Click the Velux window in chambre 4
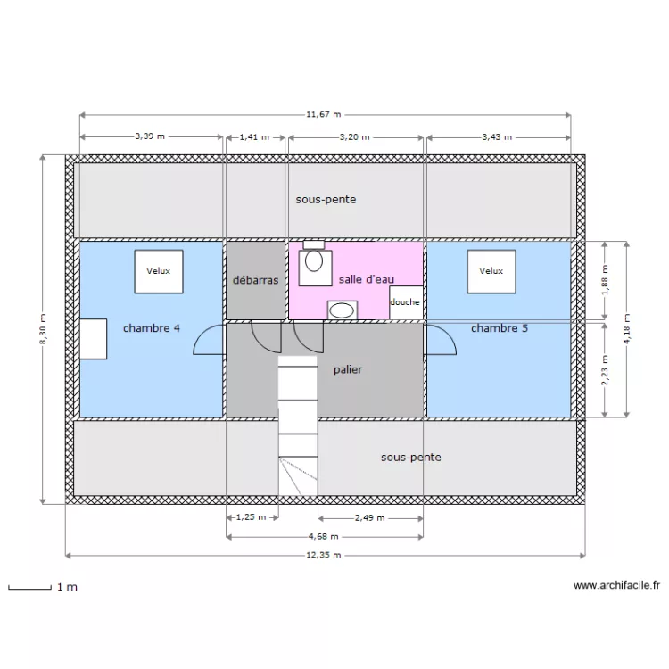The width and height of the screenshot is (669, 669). pos(159,271)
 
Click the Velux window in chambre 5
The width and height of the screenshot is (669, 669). pos(491,271)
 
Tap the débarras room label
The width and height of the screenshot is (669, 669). pos(255,280)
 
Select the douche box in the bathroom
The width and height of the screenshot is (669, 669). pos(405,301)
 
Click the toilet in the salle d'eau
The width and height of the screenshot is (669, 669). pos(313,261)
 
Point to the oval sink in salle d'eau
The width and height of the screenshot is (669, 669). pos(343,310)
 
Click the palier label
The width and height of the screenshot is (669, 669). pos(348,368)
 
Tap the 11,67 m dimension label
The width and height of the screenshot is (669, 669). pos(324,115)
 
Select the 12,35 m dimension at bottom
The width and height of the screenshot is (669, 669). pos(324,555)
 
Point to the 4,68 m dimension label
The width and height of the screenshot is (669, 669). pos(324,537)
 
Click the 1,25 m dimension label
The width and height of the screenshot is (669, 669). pos(251,517)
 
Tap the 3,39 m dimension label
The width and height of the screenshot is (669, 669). pos(150,137)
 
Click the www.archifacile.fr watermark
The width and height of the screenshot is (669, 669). pos(616,586)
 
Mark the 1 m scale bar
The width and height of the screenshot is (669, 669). pos(29,588)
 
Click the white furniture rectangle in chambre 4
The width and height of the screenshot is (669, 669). pos(93,339)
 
